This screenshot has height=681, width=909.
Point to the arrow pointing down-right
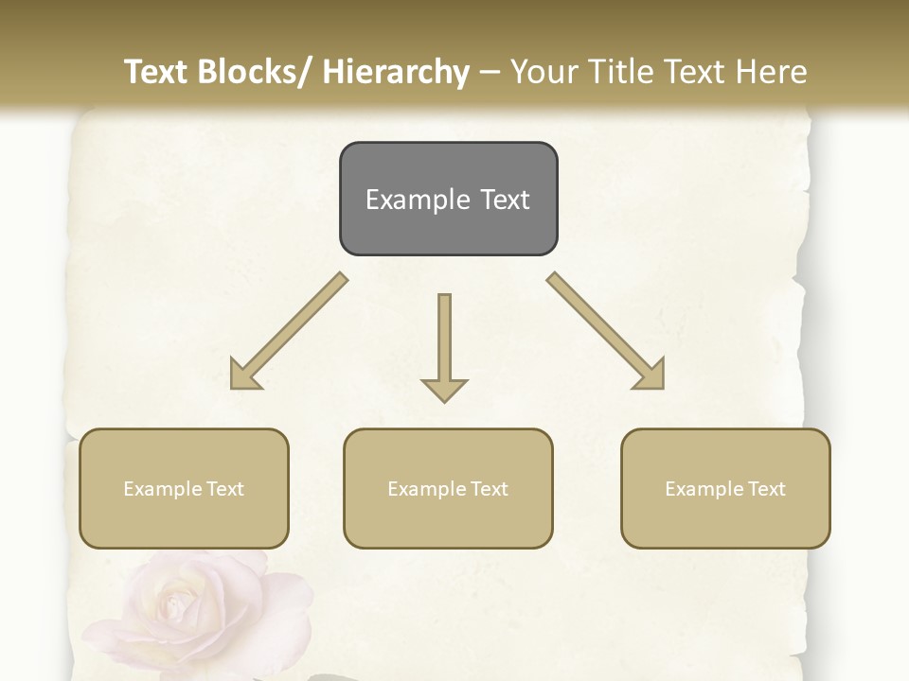(606, 331)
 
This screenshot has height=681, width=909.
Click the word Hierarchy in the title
(396, 72)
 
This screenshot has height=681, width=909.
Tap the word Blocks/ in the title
(250, 72)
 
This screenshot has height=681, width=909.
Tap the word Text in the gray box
(505, 200)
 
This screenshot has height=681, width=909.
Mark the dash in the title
(490, 73)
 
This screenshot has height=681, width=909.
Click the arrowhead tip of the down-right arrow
(662, 387)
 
